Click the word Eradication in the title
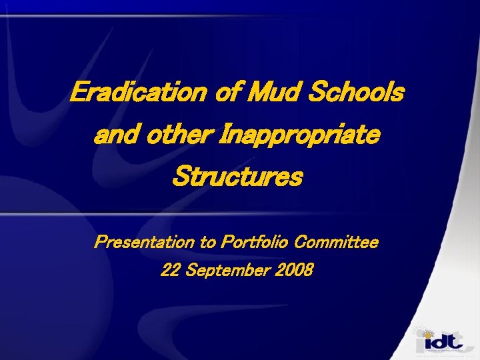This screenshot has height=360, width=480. [139, 93]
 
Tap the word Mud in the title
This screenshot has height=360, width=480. [272, 93]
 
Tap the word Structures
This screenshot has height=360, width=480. [237, 178]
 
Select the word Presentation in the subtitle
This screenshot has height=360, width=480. [145, 243]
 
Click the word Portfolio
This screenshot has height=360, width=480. [255, 243]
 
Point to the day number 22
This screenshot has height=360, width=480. [171, 271]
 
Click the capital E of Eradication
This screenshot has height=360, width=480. [79, 93]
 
